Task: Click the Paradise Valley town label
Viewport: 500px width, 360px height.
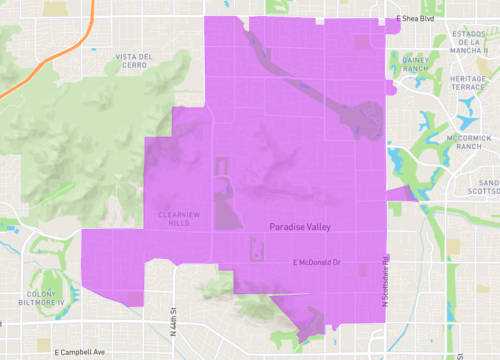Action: (x=300, y=227)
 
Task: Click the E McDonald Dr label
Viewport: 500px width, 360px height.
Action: (x=317, y=262)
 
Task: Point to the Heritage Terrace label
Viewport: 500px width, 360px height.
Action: (x=468, y=83)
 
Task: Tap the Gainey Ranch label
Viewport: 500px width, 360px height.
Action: (x=416, y=64)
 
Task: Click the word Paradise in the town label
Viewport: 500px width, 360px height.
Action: (x=285, y=227)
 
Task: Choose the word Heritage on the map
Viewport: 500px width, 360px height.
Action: (x=468, y=78)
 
